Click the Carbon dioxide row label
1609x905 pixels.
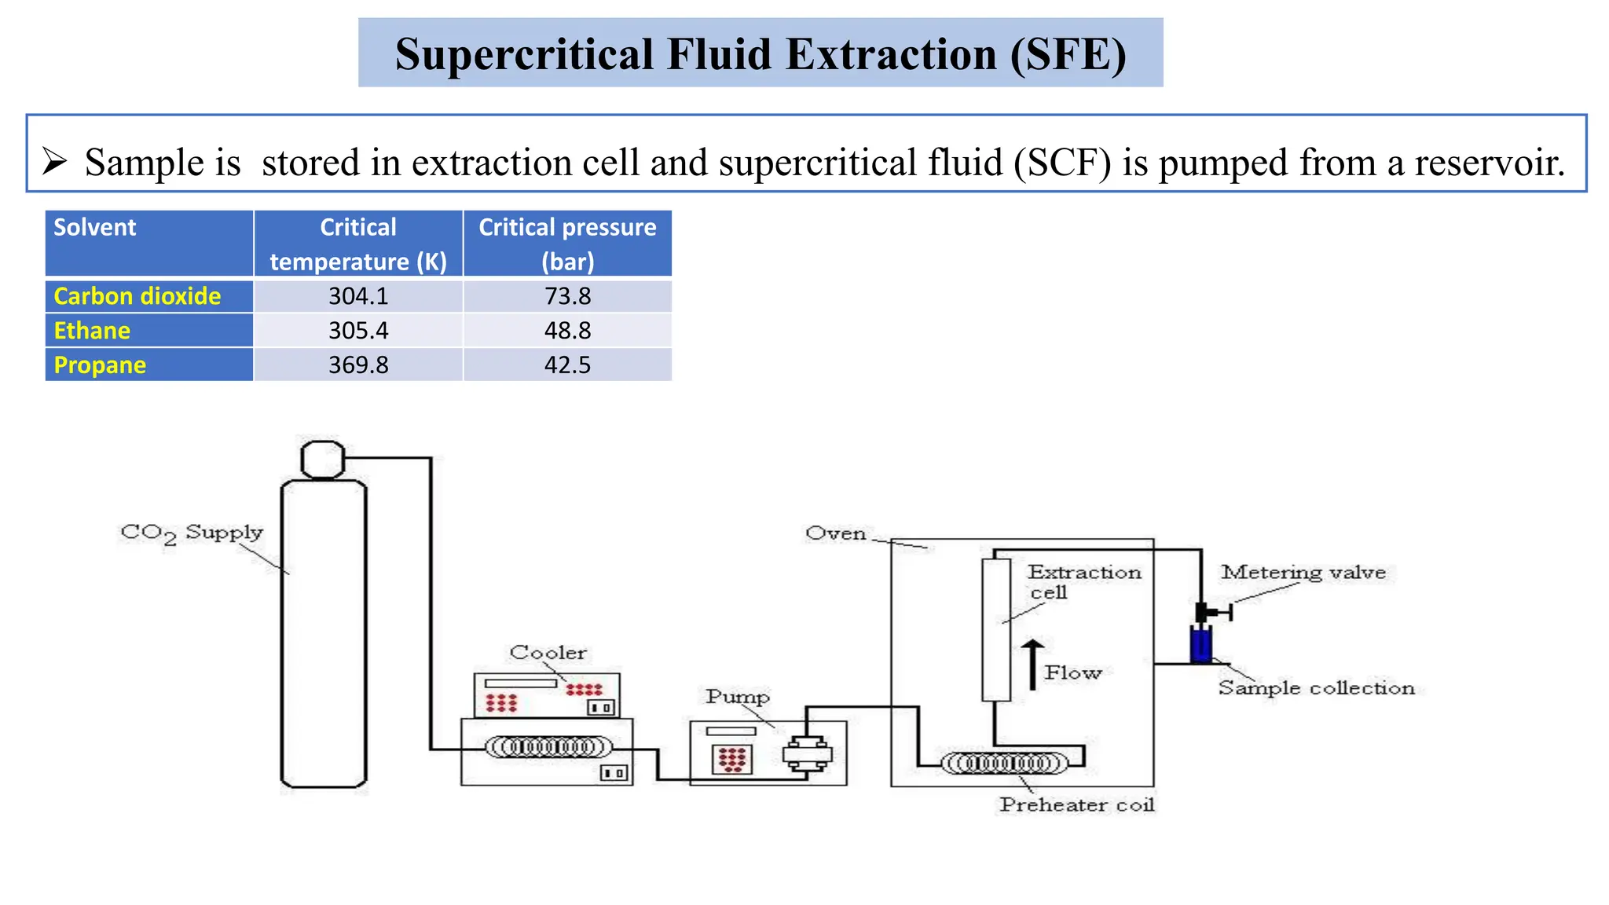pyautogui.click(x=137, y=296)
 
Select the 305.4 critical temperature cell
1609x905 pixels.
pyautogui.click(x=358, y=331)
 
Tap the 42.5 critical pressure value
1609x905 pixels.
pyautogui.click(x=567, y=365)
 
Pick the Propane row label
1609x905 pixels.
pyautogui.click(x=100, y=365)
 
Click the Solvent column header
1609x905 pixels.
pyautogui.click(x=95, y=228)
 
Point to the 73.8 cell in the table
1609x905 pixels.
pyautogui.click(x=567, y=296)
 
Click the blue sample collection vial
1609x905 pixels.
pyautogui.click(x=1200, y=644)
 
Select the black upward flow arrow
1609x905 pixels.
pyautogui.click(x=1032, y=664)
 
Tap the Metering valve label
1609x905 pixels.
pyautogui.click(x=1303, y=573)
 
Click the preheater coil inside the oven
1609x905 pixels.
pyautogui.click(x=1004, y=763)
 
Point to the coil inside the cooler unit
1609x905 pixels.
pyautogui.click(x=548, y=746)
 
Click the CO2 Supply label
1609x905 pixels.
pyautogui.click(x=191, y=533)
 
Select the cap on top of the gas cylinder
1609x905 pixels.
pyautogui.click(x=323, y=460)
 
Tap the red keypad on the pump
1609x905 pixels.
pyautogui.click(x=732, y=759)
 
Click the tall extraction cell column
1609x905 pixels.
pyautogui.click(x=996, y=628)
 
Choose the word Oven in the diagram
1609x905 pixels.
pyautogui.click(x=835, y=533)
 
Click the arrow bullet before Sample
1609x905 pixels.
pyautogui.click(x=54, y=161)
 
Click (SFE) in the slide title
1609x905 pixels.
pyautogui.click(x=1068, y=54)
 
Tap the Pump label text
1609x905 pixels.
pyautogui.click(x=737, y=697)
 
